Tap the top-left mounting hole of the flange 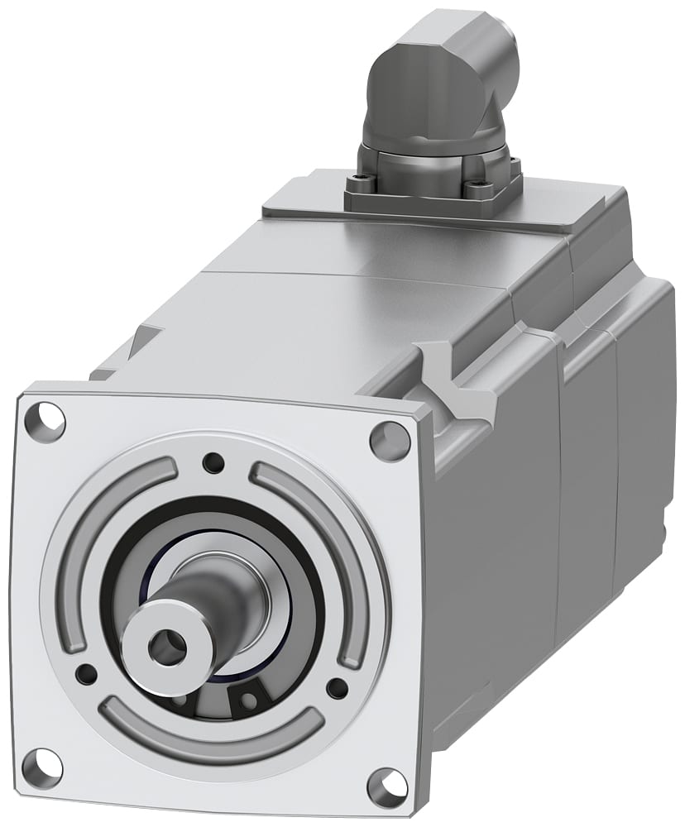46,420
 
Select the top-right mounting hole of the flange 390,441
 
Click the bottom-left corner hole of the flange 41,768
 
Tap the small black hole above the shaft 214,462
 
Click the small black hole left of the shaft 85,674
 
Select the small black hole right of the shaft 337,688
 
